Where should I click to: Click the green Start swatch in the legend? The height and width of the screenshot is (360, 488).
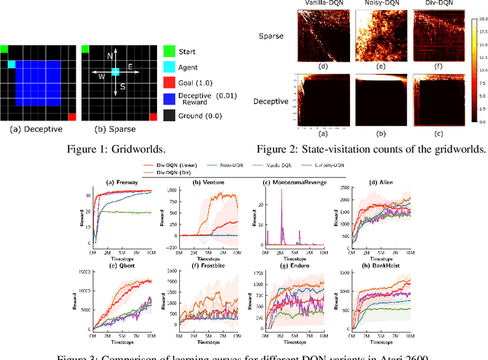pyautogui.click(x=168, y=51)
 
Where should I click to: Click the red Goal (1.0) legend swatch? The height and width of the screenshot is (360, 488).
pyautogui.click(x=168, y=81)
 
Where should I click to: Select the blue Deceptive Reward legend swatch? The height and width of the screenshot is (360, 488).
pyautogui.click(x=168, y=97)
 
